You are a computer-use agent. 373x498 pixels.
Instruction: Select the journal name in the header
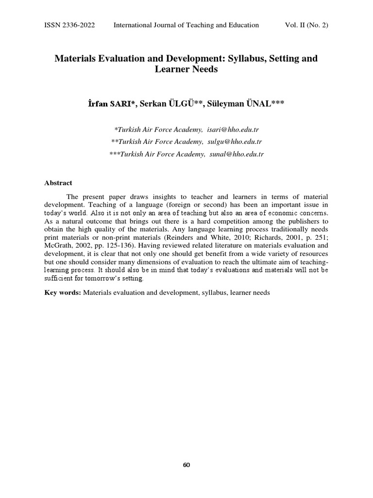click(x=186, y=25)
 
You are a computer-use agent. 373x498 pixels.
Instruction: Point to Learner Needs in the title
click(x=186, y=70)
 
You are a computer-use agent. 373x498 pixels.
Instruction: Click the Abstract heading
click(x=58, y=183)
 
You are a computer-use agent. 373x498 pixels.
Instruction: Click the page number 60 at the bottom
click(x=186, y=465)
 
